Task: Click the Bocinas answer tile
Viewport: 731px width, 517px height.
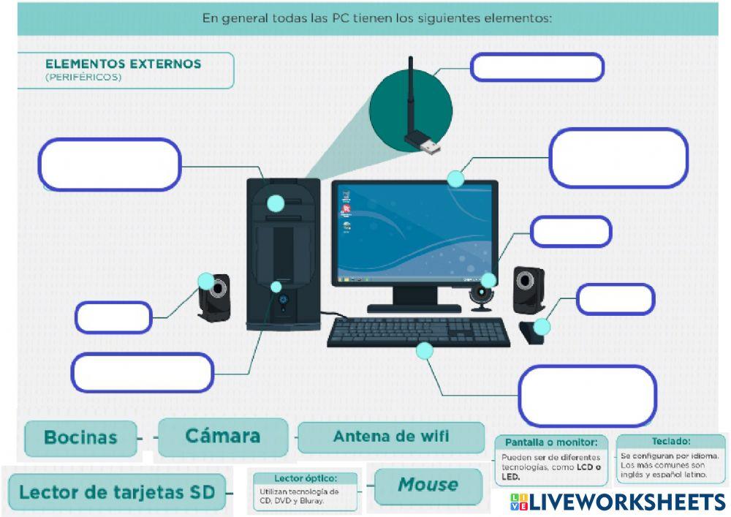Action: [x=80, y=438]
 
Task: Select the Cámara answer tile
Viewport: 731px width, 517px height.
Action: [x=223, y=437]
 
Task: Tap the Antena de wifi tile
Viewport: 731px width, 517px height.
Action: [x=391, y=437]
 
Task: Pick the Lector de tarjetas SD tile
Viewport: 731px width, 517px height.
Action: [x=117, y=492]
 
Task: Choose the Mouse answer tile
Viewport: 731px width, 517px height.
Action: [x=428, y=486]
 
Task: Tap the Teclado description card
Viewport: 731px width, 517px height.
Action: [x=671, y=458]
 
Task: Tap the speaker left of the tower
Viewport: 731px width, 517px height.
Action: [x=214, y=296]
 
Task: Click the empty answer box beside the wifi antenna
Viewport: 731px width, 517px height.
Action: [x=537, y=67]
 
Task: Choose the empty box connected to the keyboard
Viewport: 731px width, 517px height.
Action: [x=588, y=395]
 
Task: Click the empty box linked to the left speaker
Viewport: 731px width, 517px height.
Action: [x=113, y=317]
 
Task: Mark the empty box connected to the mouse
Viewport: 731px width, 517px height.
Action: [x=616, y=299]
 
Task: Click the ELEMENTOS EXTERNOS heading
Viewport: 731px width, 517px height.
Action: [x=123, y=64]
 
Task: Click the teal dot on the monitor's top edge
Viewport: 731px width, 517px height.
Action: [x=455, y=179]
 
